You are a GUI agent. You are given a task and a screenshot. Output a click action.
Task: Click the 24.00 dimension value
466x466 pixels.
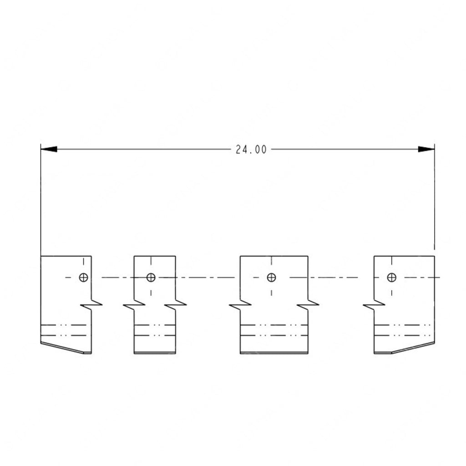[251, 149]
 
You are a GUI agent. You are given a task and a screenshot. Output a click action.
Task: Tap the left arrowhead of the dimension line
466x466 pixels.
[49, 149]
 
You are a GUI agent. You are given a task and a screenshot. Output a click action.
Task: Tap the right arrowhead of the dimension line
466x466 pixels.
[426, 149]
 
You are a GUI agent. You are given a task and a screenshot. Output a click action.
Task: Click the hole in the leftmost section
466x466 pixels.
[83, 277]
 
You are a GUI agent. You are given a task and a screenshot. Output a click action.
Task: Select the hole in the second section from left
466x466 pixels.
[151, 277]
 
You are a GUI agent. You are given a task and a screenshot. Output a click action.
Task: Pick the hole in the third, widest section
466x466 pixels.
[271, 277]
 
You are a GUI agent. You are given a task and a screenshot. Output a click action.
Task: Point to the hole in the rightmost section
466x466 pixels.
[391, 277]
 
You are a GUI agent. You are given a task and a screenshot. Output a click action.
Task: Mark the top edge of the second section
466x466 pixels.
[154, 256]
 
